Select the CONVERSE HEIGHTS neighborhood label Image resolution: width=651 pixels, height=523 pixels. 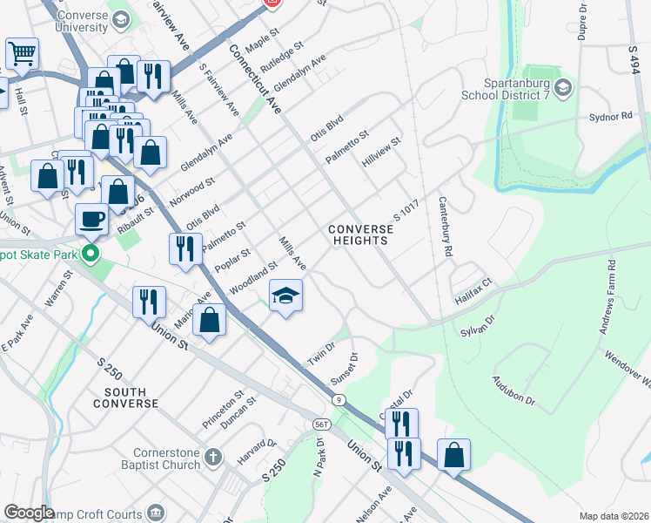click(x=360, y=235)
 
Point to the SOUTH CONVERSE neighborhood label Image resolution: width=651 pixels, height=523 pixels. click(x=131, y=398)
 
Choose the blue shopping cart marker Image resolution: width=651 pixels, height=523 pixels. click(x=22, y=53)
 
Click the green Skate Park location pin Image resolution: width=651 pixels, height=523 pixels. click(x=89, y=255)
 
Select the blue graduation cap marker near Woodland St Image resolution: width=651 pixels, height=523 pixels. click(x=285, y=295)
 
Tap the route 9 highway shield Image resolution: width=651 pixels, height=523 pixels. click(x=339, y=399)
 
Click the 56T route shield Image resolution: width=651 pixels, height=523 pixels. click(x=322, y=423)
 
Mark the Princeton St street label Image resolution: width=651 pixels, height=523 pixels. click(x=225, y=408)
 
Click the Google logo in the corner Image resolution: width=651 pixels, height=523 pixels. click(x=29, y=513)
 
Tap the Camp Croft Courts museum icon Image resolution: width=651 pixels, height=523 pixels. click(x=156, y=512)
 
